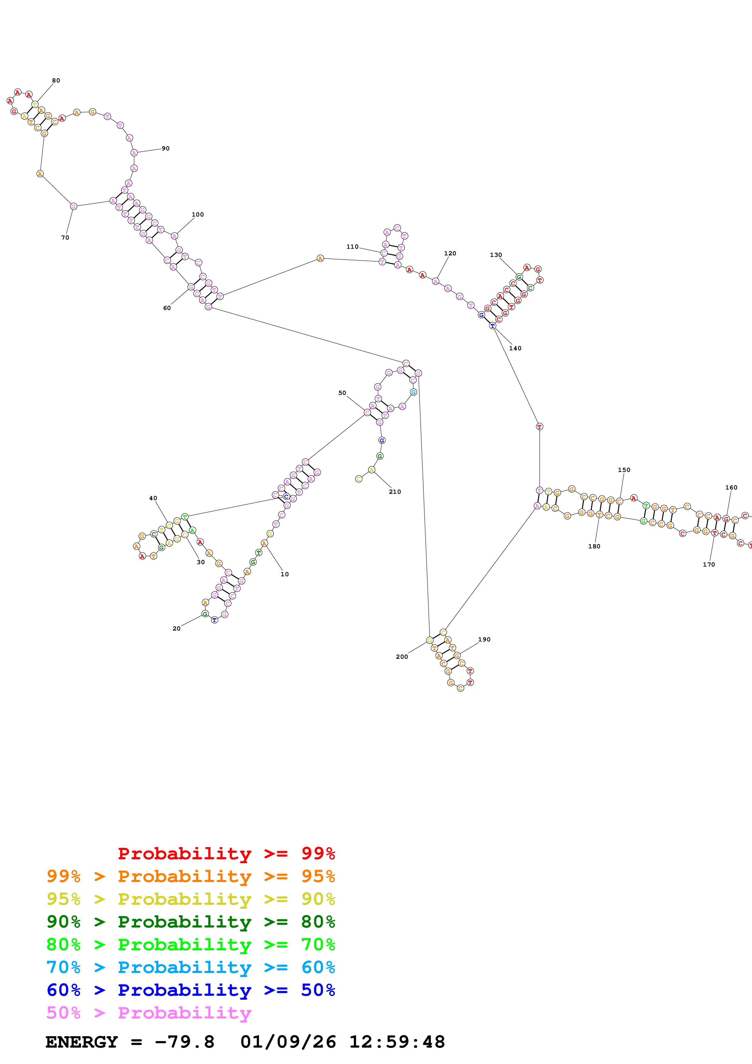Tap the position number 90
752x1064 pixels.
[165, 149]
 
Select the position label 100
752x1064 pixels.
[198, 214]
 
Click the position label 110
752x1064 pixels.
[352, 247]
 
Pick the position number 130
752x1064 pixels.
[496, 255]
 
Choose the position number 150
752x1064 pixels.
[624, 470]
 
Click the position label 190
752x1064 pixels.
[484, 639]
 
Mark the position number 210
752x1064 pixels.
[395, 492]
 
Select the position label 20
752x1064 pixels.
[177, 628]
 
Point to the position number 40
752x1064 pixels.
[153, 498]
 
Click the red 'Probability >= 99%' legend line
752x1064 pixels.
[226, 854]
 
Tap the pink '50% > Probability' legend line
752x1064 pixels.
[148, 1012]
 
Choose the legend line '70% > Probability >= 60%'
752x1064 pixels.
[191, 967]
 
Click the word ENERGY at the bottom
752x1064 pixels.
[82, 1042]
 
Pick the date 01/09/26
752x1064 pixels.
[288, 1042]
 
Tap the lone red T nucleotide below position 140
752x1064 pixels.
[539, 426]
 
